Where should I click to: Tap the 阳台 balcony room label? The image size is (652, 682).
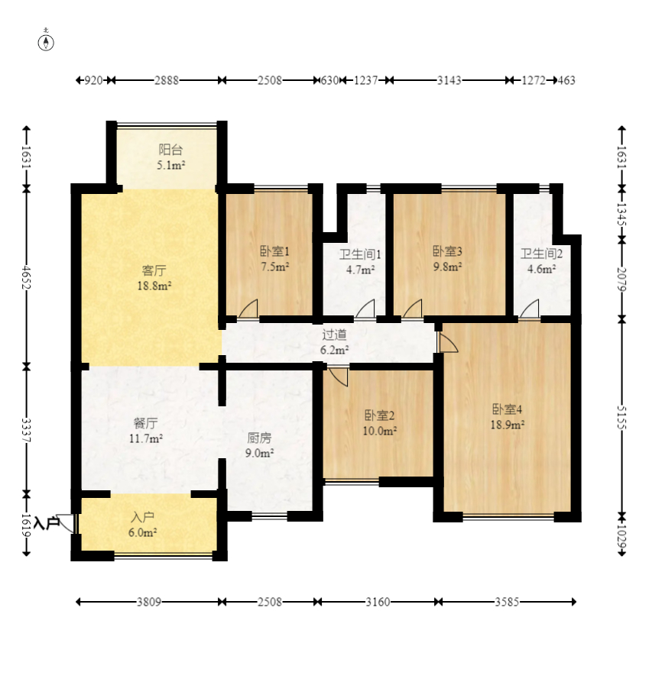(x=170, y=150)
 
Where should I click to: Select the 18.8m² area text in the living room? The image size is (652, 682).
(x=154, y=286)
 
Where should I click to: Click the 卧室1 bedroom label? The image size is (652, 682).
(x=274, y=251)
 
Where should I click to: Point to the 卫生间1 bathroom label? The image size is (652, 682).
(x=360, y=254)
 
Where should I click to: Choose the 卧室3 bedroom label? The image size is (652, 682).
(x=447, y=251)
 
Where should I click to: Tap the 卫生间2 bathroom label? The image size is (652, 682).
(x=541, y=254)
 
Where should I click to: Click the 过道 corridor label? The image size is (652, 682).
(x=334, y=335)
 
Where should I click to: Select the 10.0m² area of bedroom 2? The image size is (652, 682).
(x=380, y=431)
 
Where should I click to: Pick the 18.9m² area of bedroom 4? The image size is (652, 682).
(x=507, y=425)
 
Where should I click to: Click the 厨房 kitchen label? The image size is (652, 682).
(x=259, y=438)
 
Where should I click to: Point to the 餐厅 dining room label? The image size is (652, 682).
(x=145, y=423)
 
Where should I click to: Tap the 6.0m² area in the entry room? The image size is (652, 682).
(x=143, y=532)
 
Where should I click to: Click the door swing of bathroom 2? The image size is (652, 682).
(x=530, y=309)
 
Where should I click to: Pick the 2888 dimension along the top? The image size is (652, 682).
(x=167, y=80)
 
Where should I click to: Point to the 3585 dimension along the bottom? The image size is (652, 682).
(x=507, y=602)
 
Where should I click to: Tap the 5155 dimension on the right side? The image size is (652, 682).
(x=621, y=418)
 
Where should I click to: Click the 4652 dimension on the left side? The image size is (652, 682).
(x=27, y=277)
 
